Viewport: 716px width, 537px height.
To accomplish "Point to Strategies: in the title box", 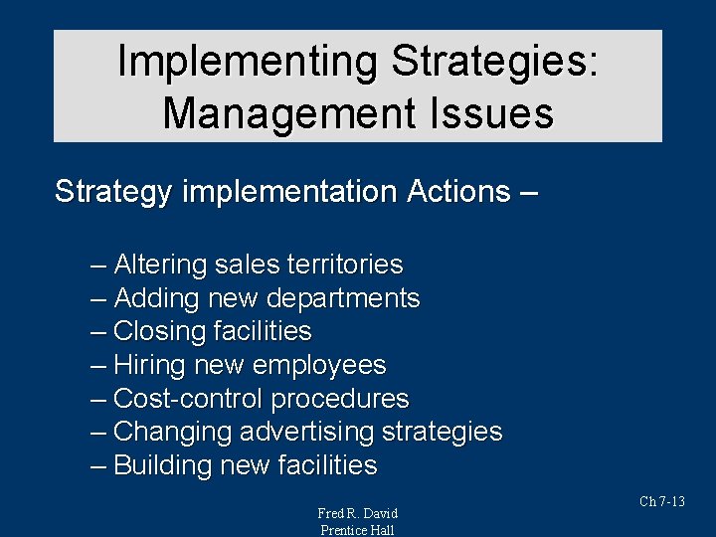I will click(494, 62).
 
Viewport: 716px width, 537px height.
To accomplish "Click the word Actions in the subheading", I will click(457, 191).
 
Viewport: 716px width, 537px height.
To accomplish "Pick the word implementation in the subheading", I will click(287, 191).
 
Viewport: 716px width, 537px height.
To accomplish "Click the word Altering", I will click(161, 265).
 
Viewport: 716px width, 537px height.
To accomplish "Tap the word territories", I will click(345, 265).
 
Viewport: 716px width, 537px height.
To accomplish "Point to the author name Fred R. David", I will click(357, 513).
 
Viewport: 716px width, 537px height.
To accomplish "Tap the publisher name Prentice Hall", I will click(357, 530).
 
